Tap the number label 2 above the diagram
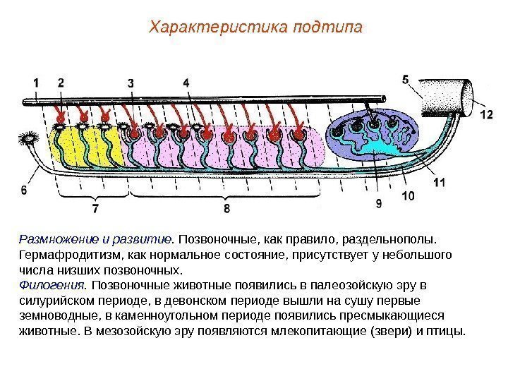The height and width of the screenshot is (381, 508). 61,83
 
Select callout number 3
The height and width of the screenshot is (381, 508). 132,83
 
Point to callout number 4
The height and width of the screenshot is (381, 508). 186,83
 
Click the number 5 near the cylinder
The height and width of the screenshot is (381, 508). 406,80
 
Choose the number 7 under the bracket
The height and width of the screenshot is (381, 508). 95,209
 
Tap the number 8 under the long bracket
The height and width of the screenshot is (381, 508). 226,209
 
